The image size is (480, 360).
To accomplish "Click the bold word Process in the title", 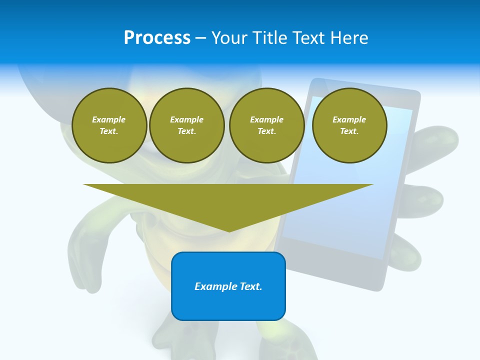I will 157,38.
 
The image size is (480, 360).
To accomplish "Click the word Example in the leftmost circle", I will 109,119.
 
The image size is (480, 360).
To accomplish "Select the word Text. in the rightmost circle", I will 349,131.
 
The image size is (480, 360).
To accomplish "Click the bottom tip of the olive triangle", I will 229,230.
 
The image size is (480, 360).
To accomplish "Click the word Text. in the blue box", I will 251,286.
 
